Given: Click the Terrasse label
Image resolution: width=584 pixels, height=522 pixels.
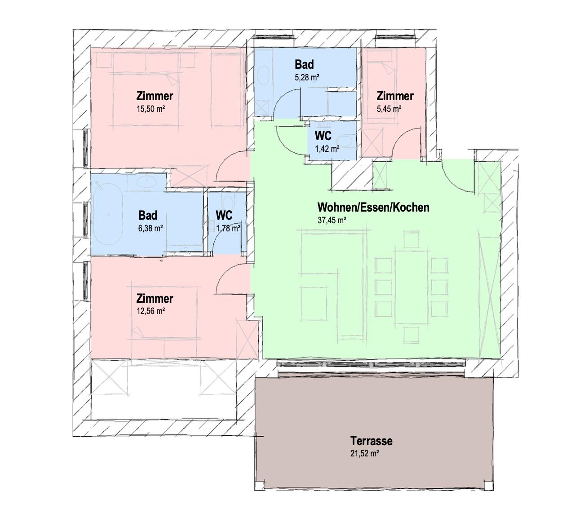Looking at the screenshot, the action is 371,441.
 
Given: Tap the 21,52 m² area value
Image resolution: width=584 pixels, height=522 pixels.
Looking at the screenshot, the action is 364,453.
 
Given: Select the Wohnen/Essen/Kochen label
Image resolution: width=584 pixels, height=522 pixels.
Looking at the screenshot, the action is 373,207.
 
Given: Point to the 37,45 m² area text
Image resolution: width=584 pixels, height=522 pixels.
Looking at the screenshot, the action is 332,220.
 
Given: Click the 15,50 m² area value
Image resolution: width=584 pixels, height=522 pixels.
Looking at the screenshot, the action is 150,109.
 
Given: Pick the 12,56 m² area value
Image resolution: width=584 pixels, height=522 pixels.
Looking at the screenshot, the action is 150,311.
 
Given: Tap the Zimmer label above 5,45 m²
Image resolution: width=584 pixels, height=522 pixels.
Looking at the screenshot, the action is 395,96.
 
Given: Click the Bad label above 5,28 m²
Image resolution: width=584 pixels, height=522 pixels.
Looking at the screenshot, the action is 304,64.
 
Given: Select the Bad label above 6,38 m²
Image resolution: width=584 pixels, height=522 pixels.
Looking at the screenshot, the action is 148,215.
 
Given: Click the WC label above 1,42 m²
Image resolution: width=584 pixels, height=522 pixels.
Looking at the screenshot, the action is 323,136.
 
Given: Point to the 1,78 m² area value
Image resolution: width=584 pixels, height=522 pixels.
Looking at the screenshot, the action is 229,228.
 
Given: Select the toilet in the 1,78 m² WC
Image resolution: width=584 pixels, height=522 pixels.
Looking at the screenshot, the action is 227,201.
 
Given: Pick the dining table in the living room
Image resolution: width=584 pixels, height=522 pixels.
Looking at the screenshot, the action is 411,287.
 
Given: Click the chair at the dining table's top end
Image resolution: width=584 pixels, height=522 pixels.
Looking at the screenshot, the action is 411,239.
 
